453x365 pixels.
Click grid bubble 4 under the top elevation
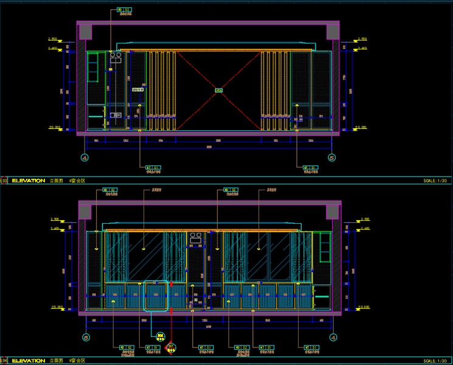pos(85,157)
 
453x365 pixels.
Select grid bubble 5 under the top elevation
pos(331,157)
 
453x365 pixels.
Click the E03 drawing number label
pos(4,181)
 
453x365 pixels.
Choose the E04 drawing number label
pos(4,361)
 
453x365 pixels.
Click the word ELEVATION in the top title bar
pos(28,181)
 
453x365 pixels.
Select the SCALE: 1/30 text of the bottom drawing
pos(435,361)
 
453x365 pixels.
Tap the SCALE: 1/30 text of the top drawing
pos(435,181)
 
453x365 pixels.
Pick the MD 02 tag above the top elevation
pos(125,10)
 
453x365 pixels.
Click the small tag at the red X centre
pos(218,90)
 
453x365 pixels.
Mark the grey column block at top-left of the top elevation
pos(85,32)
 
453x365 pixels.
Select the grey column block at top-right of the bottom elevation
pos(333,212)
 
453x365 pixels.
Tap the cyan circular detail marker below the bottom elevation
pos(161,335)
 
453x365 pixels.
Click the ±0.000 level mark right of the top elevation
pos(361,128)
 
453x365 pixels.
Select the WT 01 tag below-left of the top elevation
pos(153,167)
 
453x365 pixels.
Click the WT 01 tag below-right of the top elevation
pos(311,167)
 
